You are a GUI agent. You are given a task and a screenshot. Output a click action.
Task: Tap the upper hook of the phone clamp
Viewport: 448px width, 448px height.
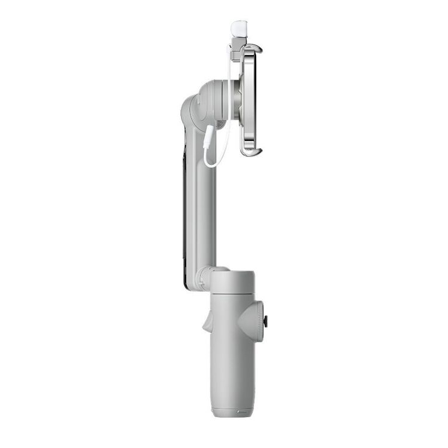coord(253,47)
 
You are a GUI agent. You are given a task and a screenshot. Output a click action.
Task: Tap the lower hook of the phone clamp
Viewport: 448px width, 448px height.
coord(251,152)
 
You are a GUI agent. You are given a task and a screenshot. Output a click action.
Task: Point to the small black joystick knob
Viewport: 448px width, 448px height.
coord(265,321)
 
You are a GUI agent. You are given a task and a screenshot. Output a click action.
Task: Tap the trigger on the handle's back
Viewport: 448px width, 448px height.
coord(207,323)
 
